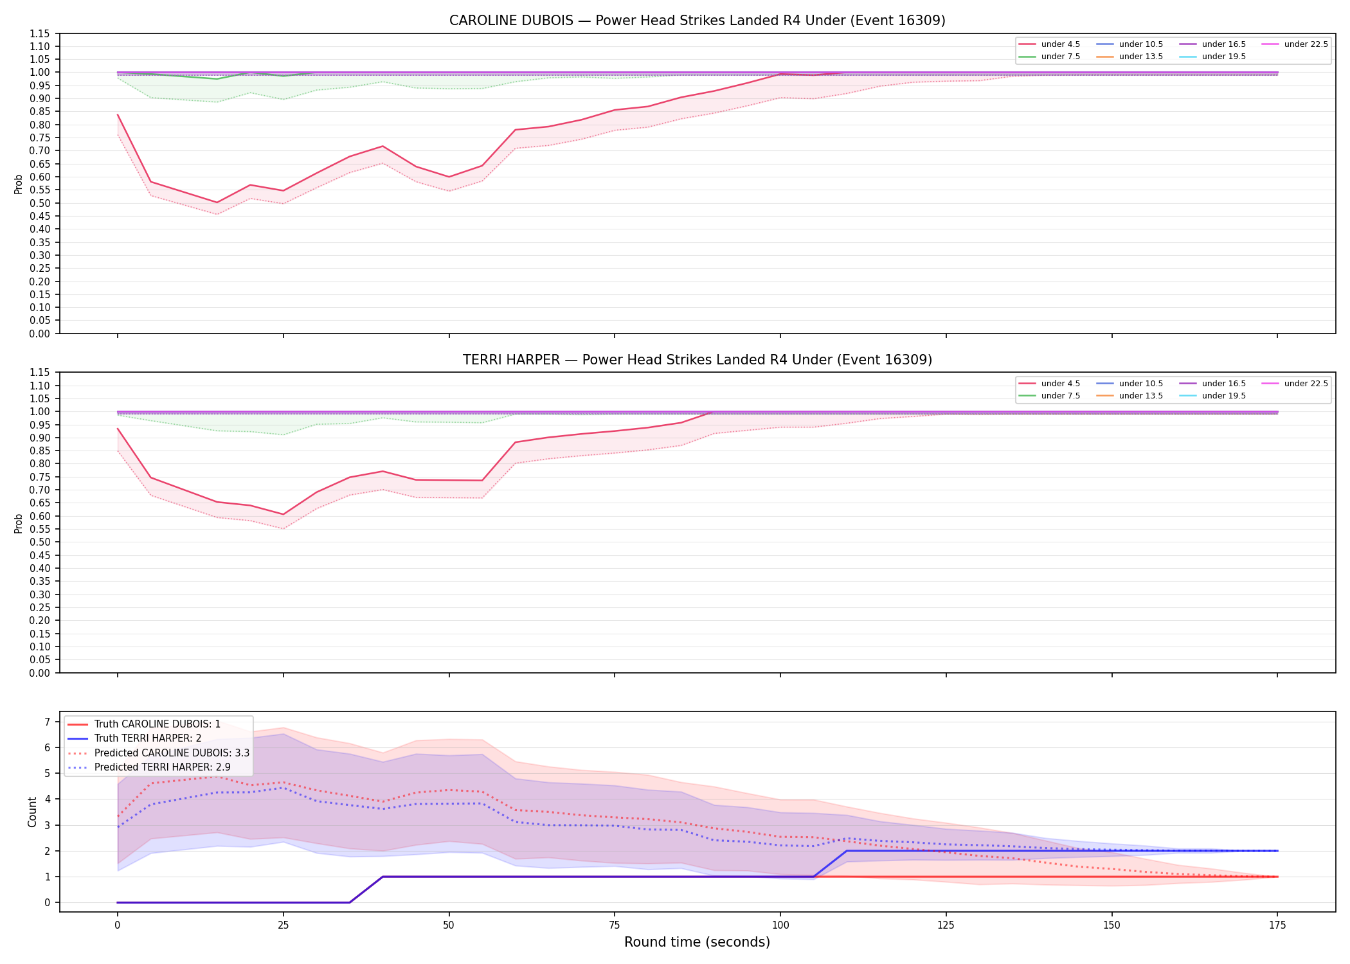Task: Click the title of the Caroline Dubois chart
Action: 697,21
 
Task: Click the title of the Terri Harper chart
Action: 697,360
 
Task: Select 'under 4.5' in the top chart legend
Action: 1060,44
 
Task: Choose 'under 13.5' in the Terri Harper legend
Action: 1140,396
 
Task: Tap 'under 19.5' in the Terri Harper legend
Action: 1223,396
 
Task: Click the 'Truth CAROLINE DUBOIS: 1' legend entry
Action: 157,724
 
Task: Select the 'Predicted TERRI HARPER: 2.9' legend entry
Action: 162,767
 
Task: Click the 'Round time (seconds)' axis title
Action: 697,942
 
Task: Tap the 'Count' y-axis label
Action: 33,812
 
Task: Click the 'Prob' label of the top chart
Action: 19,184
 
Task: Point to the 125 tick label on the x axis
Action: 946,925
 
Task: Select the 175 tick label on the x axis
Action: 1277,925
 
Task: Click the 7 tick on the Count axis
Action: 47,722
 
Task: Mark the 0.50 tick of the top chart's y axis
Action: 39,203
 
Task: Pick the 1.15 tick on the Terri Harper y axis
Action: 39,373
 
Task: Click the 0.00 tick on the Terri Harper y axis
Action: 39,673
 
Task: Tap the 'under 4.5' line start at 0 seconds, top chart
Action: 118,115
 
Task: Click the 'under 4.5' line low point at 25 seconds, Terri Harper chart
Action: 283,514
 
